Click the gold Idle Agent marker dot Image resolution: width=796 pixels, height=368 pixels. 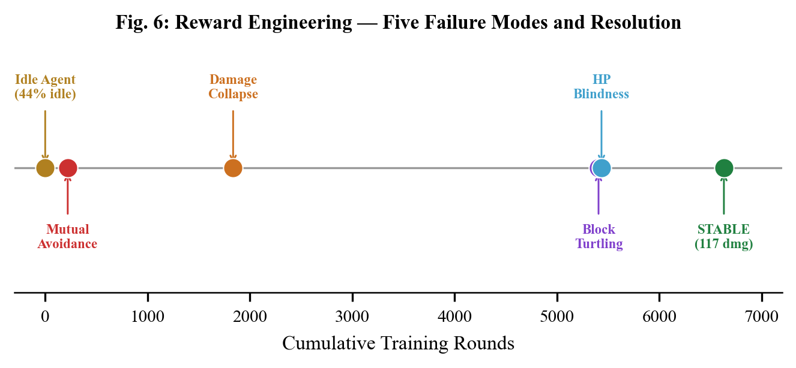tap(45, 168)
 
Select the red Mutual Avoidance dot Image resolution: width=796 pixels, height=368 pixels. tap(68, 168)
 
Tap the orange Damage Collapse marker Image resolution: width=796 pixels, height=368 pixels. tap(233, 168)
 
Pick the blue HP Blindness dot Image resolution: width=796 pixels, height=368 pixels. tap(602, 168)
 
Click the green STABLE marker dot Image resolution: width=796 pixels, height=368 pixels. tap(724, 168)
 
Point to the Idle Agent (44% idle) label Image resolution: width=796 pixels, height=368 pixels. tap(45, 87)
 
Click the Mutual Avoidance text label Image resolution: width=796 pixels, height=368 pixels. tap(67, 237)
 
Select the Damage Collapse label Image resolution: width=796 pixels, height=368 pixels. tap(233, 87)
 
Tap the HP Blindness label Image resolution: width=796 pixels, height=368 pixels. tap(601, 87)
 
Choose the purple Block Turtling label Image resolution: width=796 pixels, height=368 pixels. tap(599, 237)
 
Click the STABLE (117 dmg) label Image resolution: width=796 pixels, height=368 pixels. tap(723, 237)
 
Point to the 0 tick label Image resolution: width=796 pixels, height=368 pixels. tap(45, 316)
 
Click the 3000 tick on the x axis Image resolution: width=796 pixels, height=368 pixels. tap(352, 316)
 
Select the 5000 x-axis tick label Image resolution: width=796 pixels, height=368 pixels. tap(557, 316)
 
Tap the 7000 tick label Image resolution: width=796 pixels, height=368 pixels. tap(762, 316)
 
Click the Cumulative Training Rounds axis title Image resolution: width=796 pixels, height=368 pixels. tap(398, 343)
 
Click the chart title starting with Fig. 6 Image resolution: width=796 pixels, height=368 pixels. tap(398, 23)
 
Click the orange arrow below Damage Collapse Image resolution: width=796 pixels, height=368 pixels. tap(233, 135)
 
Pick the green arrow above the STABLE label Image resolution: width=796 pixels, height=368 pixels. tap(723, 197)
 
